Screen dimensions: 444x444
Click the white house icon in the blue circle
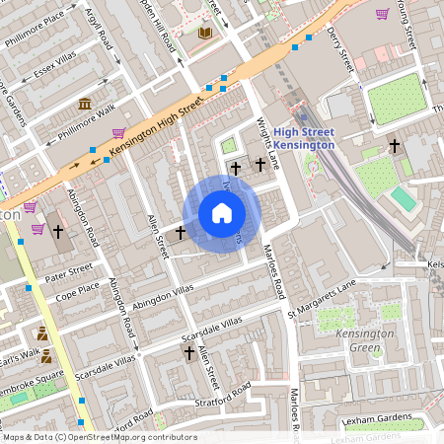pos(222,213)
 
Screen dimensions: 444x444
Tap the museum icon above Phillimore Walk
pos(85,104)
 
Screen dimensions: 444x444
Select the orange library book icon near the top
pos(205,34)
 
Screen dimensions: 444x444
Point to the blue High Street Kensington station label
pos(304,138)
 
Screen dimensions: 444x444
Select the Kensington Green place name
pos(366,341)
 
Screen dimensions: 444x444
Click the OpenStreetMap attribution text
pos(99,437)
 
